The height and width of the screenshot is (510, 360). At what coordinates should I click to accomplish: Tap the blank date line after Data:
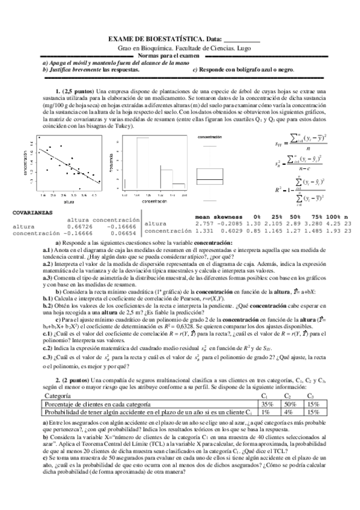[246, 40]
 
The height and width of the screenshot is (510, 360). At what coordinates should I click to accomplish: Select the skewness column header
[230, 217]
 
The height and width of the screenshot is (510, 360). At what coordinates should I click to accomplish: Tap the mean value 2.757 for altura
[206, 223]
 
